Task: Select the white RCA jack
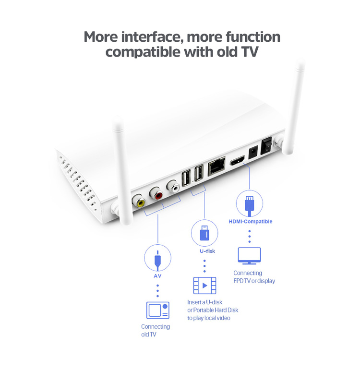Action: (x=174, y=186)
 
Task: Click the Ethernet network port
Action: (x=216, y=166)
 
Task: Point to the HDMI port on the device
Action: (x=237, y=160)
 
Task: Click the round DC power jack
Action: (x=253, y=152)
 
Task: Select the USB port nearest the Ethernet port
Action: (x=199, y=172)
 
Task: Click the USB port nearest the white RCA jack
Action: (x=186, y=178)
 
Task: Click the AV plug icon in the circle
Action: (x=157, y=260)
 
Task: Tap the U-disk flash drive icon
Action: (x=204, y=233)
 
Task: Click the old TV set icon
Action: (x=158, y=310)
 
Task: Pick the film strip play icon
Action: (x=204, y=286)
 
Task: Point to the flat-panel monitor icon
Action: (x=249, y=256)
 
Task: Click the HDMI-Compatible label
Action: (x=250, y=221)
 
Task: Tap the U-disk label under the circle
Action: (x=207, y=251)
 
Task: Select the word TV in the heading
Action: (x=250, y=52)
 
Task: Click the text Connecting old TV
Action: (x=156, y=331)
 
